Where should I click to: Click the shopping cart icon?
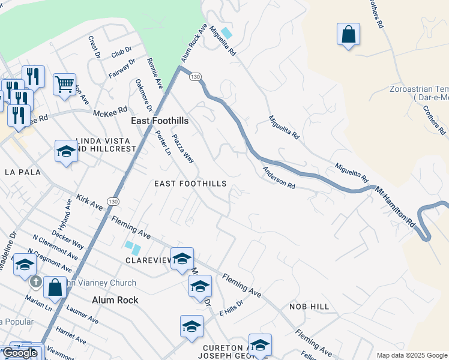click(64, 84)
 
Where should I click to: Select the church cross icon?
click(35, 281)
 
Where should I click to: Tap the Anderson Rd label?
click(279, 178)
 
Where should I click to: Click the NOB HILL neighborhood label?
click(309, 307)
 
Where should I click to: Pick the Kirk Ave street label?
click(89, 202)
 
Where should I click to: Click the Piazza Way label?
click(183, 149)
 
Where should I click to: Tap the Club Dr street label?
click(121, 53)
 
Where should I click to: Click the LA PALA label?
click(22, 172)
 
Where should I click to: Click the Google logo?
click(20, 353)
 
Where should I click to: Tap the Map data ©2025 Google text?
click(412, 355)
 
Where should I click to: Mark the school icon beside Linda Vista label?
click(66, 152)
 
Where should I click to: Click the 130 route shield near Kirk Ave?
click(113, 200)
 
